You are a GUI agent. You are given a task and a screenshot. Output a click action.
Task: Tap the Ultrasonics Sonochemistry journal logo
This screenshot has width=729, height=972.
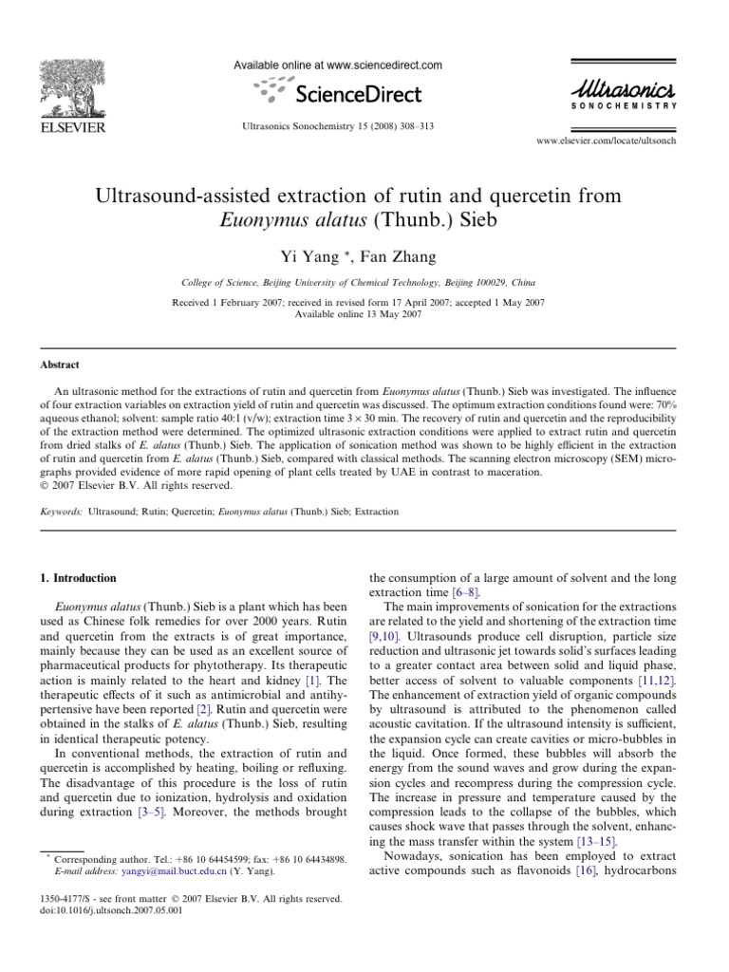coord(624,94)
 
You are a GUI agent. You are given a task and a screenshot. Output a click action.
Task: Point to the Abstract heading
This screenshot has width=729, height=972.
coord(59,364)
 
